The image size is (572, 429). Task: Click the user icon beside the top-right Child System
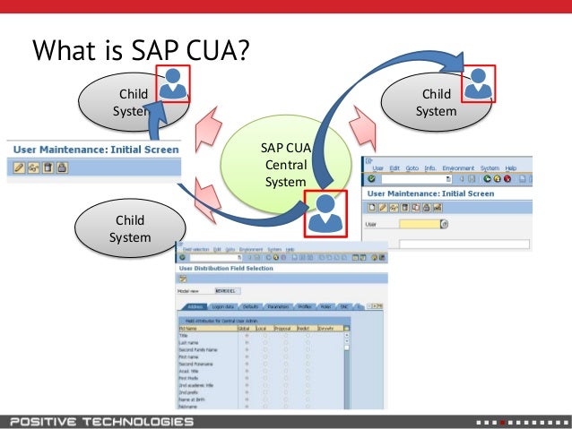click(479, 83)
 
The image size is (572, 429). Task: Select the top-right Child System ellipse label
click(436, 103)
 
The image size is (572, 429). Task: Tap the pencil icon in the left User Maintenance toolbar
click(19, 167)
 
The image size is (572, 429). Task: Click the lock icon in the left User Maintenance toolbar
click(62, 167)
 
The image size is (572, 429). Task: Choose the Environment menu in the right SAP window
click(459, 167)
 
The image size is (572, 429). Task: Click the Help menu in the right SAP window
click(511, 167)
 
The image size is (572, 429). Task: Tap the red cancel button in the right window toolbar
click(507, 178)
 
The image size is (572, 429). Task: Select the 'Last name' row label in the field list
click(189, 341)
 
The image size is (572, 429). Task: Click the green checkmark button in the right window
click(372, 178)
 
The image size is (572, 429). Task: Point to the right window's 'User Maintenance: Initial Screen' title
click(430, 193)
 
